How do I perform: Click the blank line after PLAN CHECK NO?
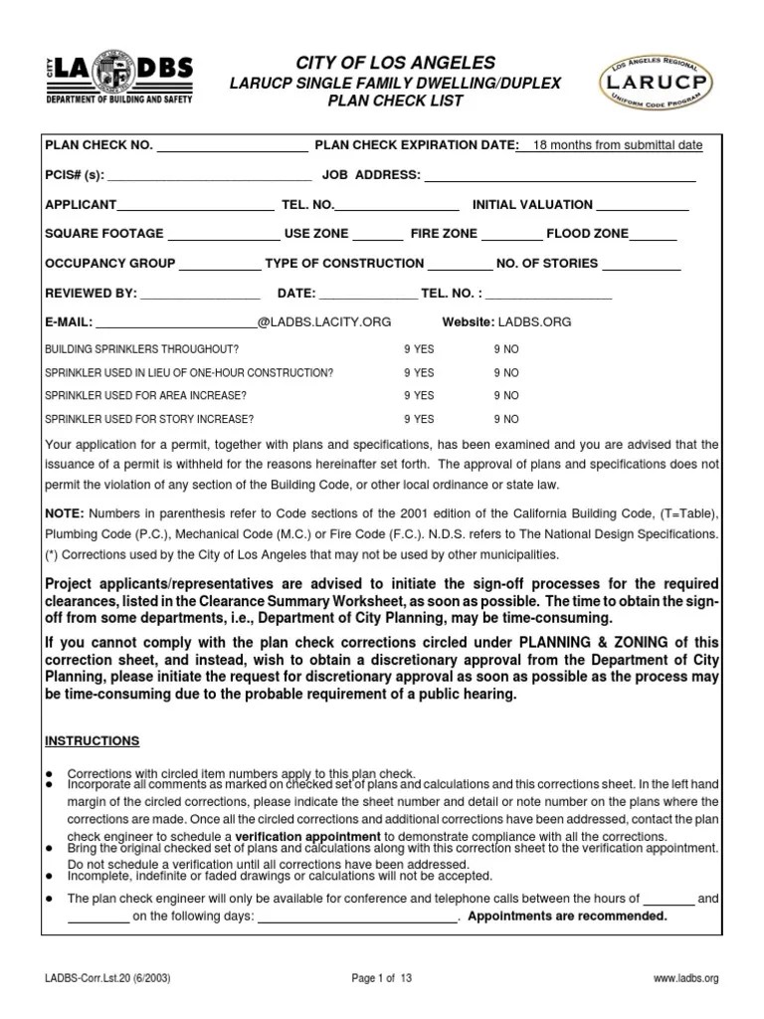pos(233,145)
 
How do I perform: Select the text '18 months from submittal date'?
pos(618,145)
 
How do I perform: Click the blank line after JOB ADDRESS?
pos(560,175)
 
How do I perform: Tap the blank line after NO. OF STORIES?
pos(642,264)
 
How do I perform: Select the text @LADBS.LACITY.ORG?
pos(324,322)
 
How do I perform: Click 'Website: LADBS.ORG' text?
pos(506,322)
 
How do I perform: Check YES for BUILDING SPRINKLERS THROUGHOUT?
pos(419,350)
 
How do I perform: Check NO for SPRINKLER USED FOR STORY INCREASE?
pos(506,420)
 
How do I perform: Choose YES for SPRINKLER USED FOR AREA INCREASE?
pos(419,396)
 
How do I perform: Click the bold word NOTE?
pos(65,512)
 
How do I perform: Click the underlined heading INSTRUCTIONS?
pos(93,741)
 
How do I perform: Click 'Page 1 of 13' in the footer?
pos(382,979)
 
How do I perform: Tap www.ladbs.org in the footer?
pos(685,979)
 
